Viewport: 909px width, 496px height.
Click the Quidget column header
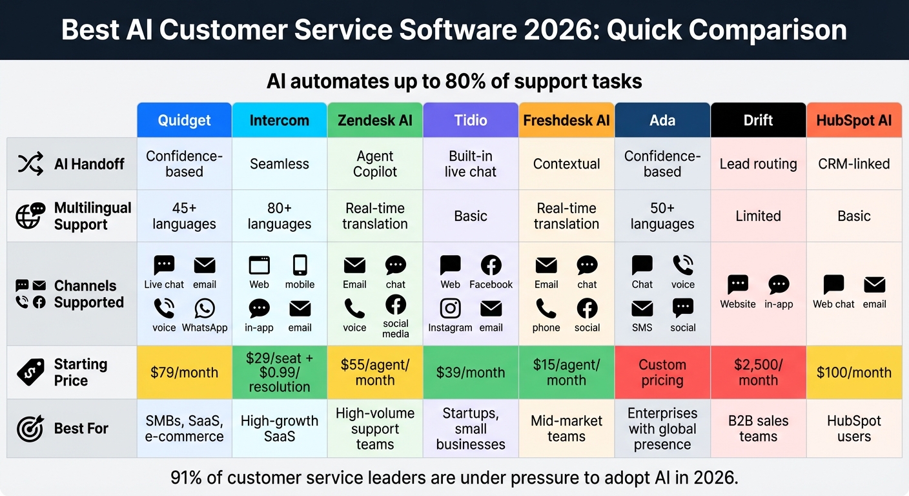point(184,120)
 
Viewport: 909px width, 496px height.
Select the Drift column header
point(758,120)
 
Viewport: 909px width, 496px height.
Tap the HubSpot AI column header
point(853,120)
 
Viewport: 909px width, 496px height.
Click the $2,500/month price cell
point(758,373)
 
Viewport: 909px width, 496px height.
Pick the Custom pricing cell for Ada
point(662,373)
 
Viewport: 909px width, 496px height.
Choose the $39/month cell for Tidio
point(471,373)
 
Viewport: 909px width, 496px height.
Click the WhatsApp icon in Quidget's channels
point(205,309)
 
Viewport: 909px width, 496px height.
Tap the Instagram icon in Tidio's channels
point(450,309)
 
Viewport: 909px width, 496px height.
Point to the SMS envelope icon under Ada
point(642,309)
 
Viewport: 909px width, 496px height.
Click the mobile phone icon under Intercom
point(300,265)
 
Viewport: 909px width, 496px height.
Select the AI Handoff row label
point(88,164)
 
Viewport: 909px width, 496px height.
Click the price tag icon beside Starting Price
point(30,372)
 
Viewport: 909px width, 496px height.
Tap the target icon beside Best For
point(30,428)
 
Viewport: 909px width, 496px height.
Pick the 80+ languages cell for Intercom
point(280,216)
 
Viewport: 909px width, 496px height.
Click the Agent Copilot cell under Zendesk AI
point(375,164)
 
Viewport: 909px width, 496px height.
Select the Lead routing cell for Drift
point(758,164)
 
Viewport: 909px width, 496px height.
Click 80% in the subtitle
point(462,81)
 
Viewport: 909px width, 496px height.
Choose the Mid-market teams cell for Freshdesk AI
point(566,428)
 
